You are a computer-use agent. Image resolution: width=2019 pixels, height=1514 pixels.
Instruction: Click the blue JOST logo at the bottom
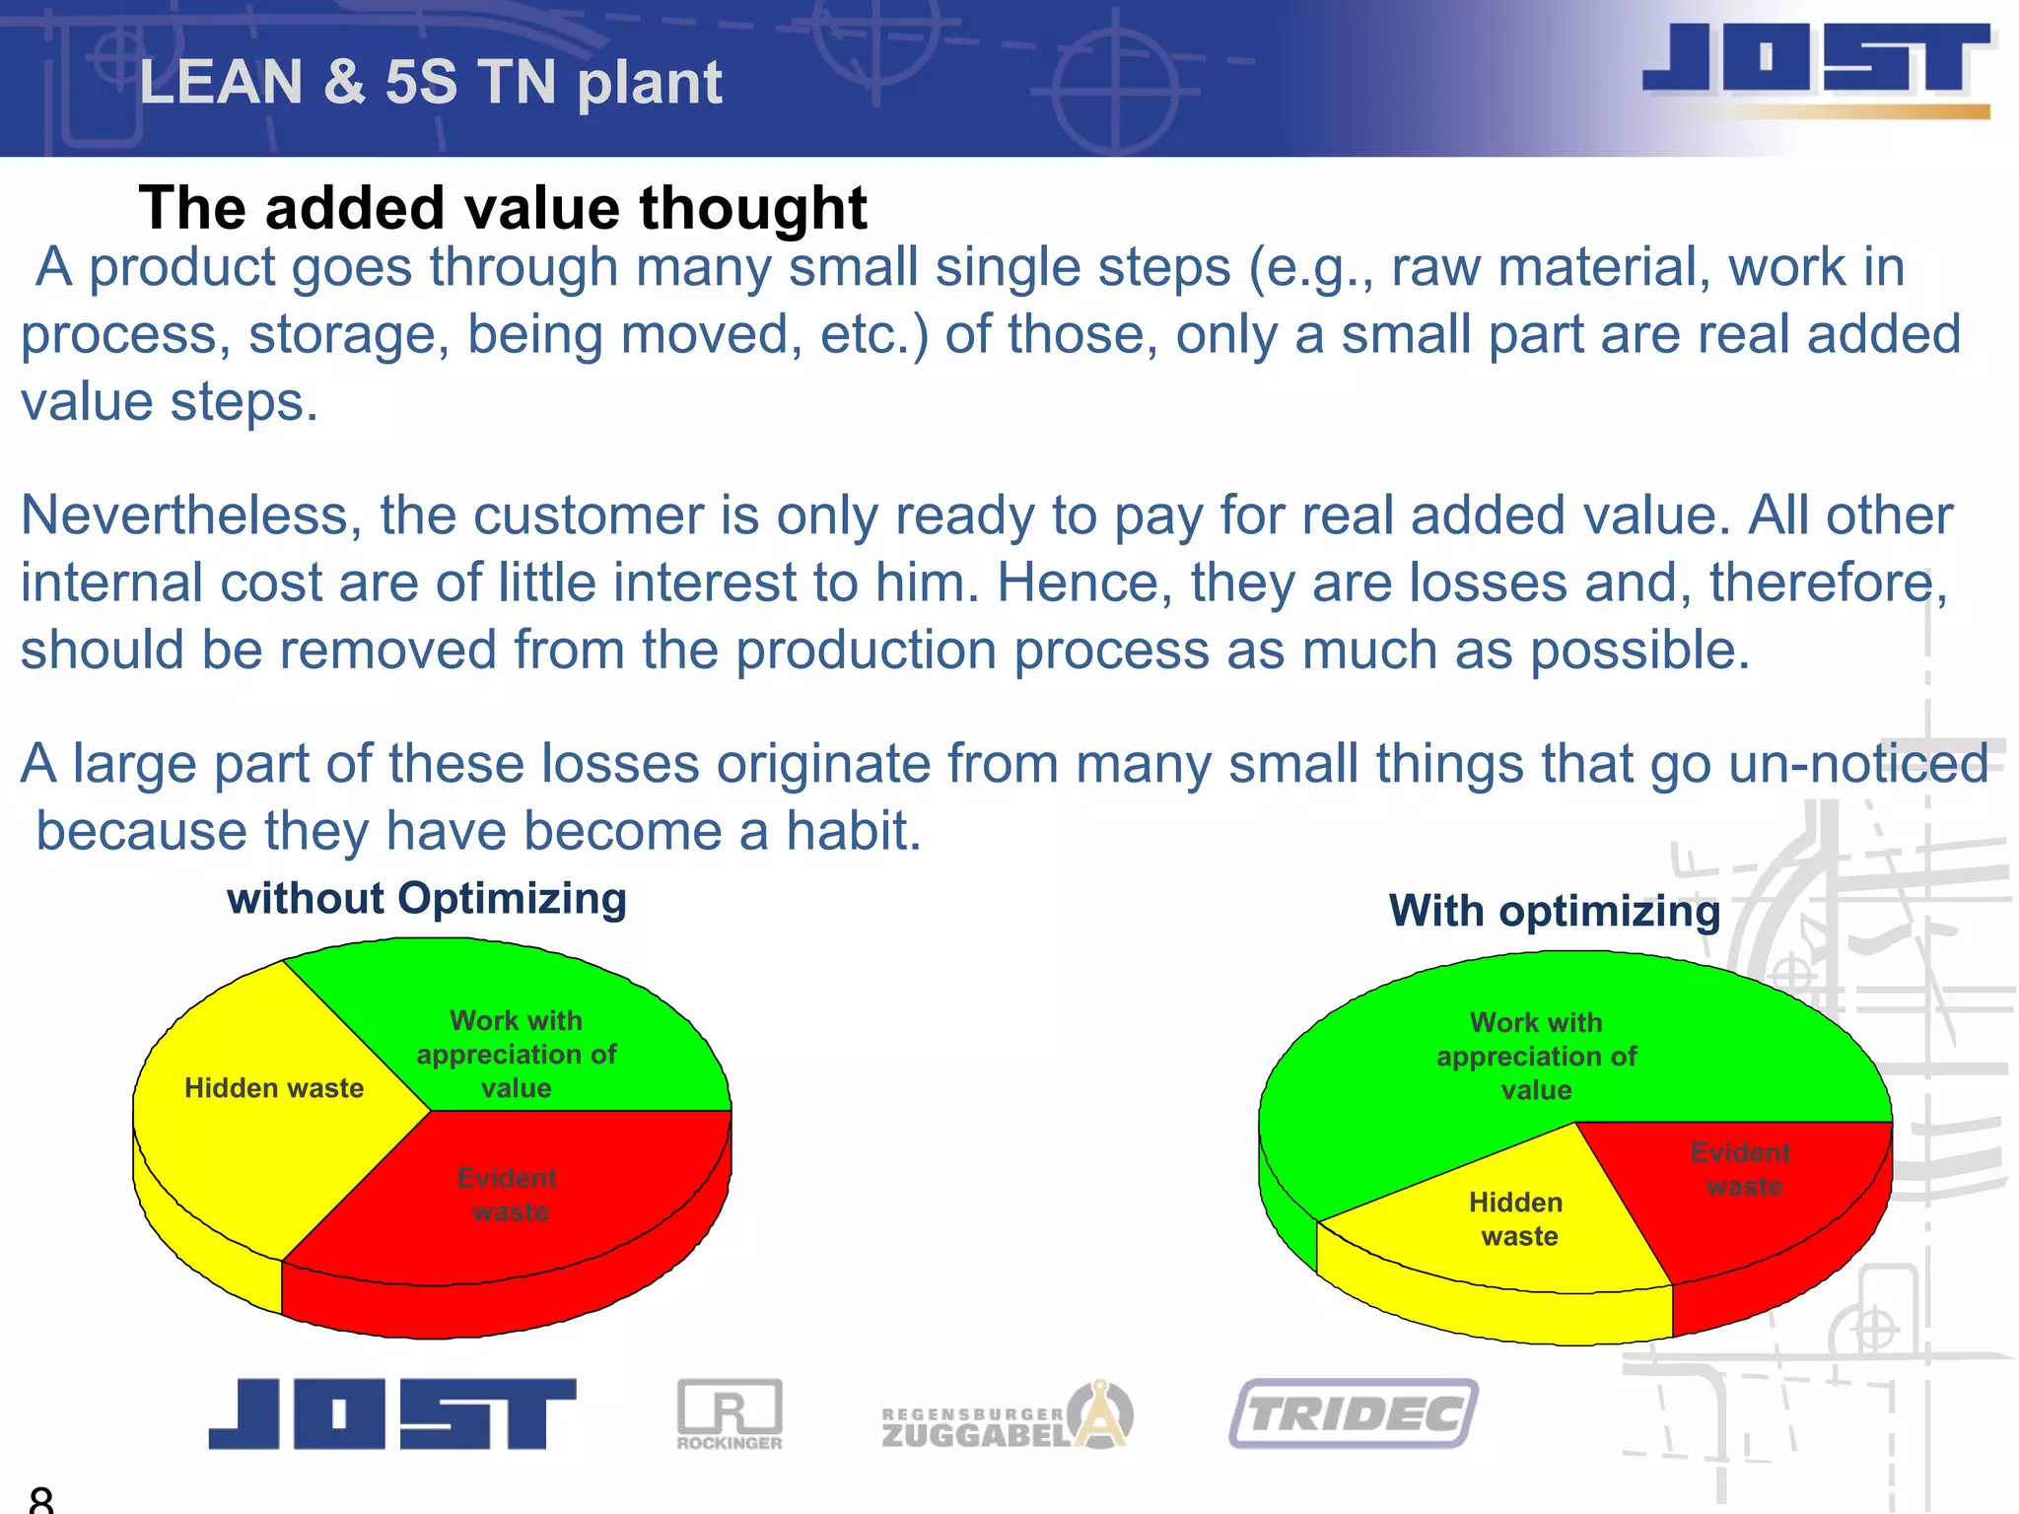(391, 1413)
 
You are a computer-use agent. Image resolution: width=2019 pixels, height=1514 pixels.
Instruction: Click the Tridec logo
(1354, 1413)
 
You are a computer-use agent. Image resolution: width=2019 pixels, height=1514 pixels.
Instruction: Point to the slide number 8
(41, 1499)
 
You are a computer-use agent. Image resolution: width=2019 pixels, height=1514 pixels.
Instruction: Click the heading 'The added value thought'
(503, 208)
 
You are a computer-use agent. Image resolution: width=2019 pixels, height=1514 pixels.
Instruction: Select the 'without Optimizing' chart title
(426, 899)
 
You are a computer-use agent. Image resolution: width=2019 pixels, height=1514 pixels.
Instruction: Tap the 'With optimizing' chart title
(1555, 911)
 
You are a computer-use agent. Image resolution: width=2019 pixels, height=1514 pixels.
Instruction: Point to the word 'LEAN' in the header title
(221, 82)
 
